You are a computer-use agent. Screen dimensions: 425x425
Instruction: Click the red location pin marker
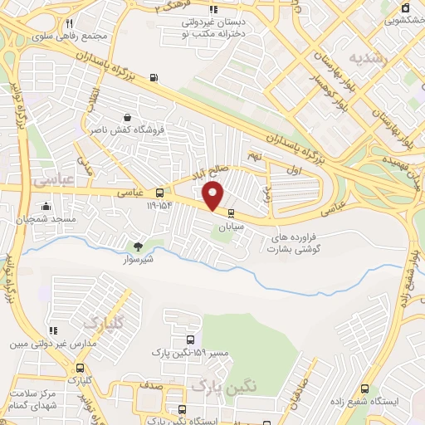213,196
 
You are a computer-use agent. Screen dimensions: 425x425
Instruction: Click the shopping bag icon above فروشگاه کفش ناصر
126,117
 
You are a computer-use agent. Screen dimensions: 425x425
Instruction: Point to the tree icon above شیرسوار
138,246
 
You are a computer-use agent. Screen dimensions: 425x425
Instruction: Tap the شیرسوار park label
138,257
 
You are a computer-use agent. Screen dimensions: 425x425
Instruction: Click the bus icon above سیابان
230,212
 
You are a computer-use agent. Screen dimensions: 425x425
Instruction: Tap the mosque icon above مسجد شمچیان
46,205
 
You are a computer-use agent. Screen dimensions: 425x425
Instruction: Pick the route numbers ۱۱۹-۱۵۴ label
163,204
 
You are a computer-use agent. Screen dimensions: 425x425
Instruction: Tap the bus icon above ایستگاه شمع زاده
364,388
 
